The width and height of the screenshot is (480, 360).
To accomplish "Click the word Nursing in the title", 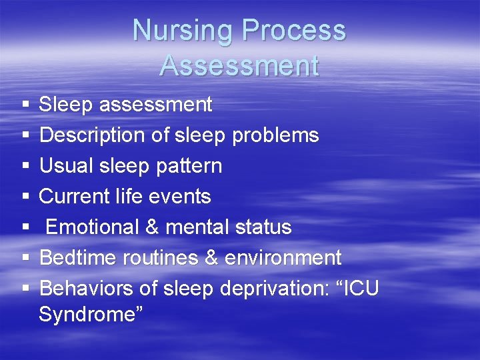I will coord(183,31).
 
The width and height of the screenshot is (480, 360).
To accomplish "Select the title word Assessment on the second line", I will coord(239,65).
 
